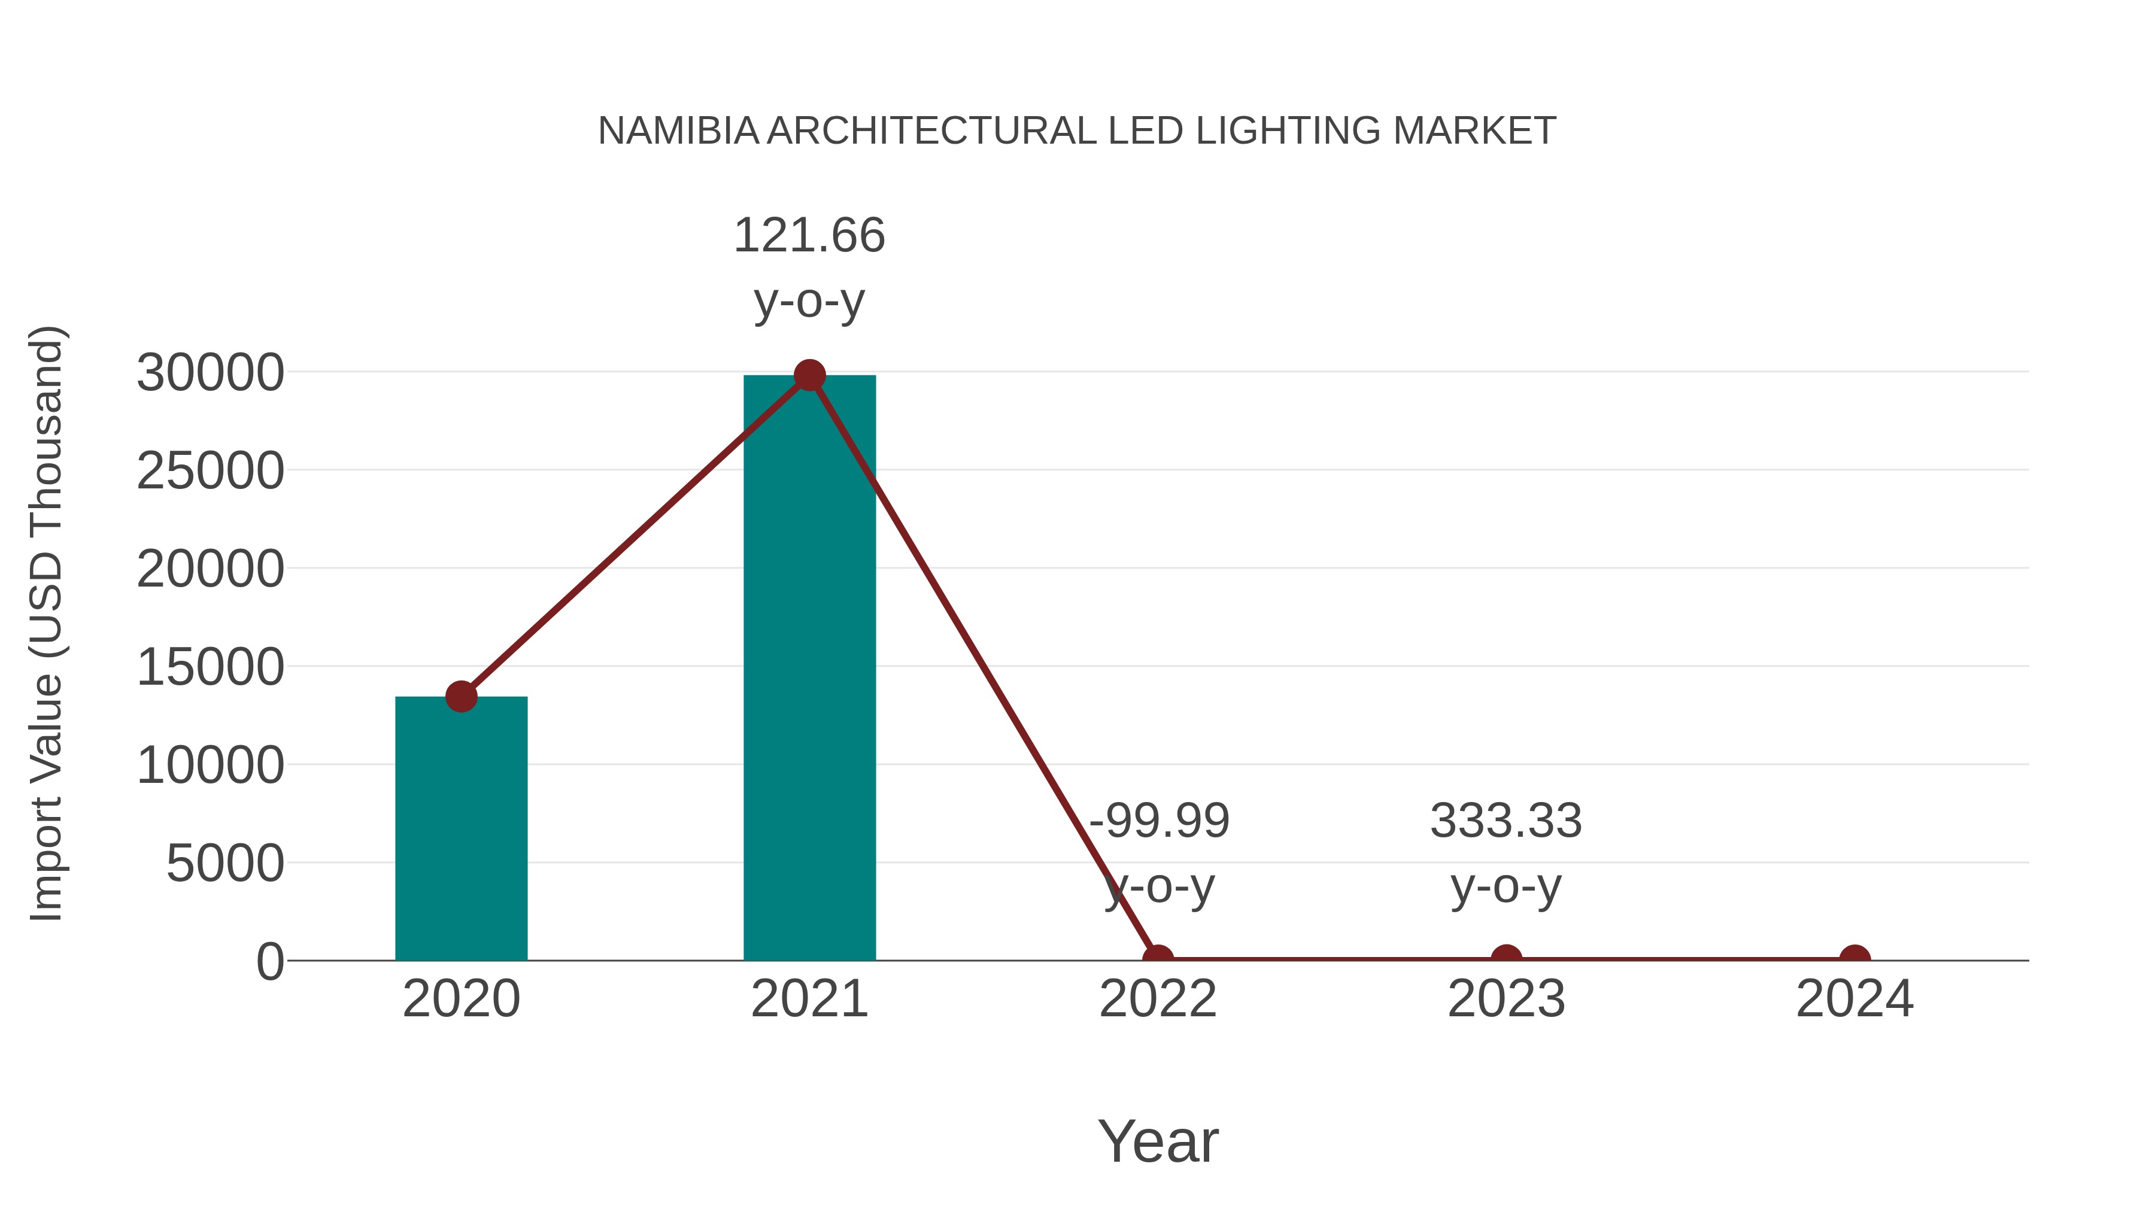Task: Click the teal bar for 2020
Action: pos(461,828)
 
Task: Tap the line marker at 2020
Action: pos(461,696)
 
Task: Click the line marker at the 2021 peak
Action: pos(809,375)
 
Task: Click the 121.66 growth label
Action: pos(809,235)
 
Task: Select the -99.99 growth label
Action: pos(1160,821)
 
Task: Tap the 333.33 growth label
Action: pos(1506,821)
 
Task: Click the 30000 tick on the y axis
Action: pos(210,373)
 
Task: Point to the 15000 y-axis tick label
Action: pos(210,667)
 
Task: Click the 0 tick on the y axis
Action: pos(270,962)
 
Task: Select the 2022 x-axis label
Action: pos(1157,999)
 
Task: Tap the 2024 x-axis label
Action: pos(1854,999)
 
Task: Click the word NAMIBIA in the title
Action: pos(678,131)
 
